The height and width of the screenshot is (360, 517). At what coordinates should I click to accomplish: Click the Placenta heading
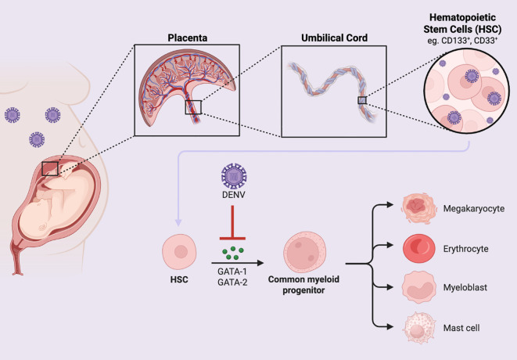187,38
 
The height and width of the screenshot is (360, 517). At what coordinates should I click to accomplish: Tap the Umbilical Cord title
334,38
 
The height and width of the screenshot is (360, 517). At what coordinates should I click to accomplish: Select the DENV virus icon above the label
234,176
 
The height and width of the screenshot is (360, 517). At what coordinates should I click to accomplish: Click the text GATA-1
232,272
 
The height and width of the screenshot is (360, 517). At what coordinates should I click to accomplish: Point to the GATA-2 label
232,282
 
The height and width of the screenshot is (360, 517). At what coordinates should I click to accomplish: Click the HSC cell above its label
179,251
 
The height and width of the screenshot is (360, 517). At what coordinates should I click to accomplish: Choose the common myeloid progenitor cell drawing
304,252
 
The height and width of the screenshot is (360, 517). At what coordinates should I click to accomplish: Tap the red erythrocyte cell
418,248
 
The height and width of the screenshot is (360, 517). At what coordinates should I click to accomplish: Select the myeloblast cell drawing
418,287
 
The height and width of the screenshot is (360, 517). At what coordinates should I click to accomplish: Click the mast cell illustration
418,328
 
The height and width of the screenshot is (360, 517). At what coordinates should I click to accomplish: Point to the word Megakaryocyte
473,209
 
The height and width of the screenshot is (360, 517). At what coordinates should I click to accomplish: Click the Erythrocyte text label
465,249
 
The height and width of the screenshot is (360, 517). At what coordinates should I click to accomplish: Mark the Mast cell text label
461,328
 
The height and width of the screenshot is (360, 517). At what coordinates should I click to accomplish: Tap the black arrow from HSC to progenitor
238,263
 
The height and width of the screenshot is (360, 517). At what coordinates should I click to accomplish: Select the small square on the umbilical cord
362,100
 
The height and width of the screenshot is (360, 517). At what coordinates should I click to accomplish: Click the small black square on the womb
50,168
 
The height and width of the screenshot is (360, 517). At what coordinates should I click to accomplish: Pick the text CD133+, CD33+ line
462,41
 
